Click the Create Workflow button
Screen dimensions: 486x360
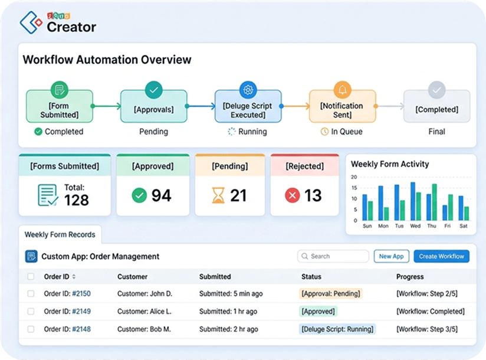[x=441, y=256]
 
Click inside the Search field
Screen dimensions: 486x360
[x=333, y=256]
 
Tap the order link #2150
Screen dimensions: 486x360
[x=81, y=293]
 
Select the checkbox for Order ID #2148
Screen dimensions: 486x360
[x=31, y=329]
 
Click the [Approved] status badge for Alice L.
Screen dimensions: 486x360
[x=318, y=312]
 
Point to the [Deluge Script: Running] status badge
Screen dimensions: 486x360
[x=337, y=329]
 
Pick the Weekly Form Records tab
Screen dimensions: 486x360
[x=60, y=234]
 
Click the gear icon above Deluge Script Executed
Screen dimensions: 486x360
[x=248, y=90]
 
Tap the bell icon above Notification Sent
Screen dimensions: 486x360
[x=343, y=90]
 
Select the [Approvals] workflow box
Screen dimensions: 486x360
[x=154, y=106]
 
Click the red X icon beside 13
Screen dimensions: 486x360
[x=293, y=195]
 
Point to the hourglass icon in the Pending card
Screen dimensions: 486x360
[x=218, y=195]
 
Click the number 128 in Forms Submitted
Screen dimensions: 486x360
[x=77, y=200]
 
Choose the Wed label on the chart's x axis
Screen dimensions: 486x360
[x=415, y=225]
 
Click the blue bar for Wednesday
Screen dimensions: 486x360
[x=413, y=201]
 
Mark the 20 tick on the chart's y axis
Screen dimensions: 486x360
[x=354, y=176]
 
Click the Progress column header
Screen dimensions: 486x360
[x=410, y=277]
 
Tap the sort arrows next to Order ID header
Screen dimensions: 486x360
[x=74, y=276]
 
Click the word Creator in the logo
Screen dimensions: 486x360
[x=71, y=27]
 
